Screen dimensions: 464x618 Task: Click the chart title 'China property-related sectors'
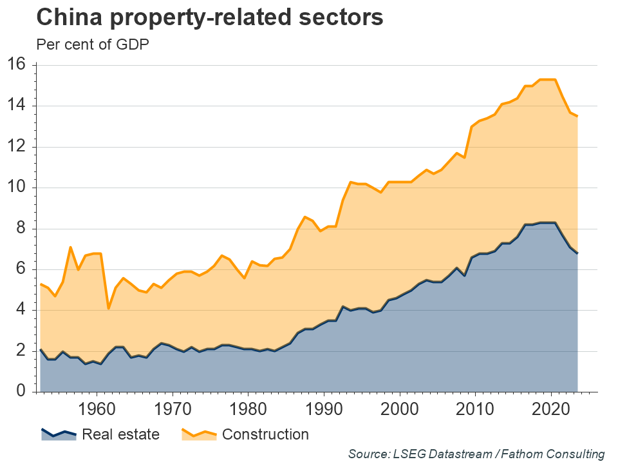[210, 18]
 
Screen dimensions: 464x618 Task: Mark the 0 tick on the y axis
[19, 392]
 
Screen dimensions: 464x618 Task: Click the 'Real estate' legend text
[120, 434]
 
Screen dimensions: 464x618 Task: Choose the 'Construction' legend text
[265, 434]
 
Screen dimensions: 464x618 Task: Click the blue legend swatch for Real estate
[59, 434]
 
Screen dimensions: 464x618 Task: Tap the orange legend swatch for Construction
[198, 434]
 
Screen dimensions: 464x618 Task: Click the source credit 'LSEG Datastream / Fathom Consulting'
[476, 454]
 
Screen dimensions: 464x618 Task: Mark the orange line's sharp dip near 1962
[109, 308]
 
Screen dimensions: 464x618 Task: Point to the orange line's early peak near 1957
[71, 247]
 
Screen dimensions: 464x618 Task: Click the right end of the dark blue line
[577, 253]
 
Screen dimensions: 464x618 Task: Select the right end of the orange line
[577, 116]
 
